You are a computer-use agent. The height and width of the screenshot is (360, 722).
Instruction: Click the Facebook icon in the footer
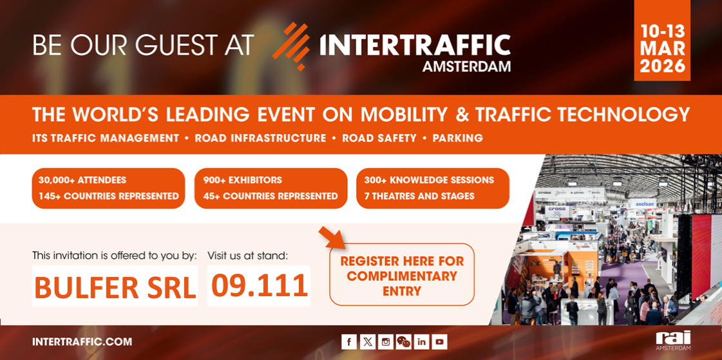coord(349,341)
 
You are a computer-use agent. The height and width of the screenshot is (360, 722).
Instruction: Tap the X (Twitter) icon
coord(368,341)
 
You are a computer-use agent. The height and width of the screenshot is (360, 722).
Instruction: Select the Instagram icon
coord(385,341)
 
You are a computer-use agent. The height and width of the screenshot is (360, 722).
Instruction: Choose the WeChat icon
coord(403,341)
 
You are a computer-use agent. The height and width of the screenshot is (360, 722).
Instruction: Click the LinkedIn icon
coord(422,341)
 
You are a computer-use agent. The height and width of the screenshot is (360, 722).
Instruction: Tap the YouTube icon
coord(440,341)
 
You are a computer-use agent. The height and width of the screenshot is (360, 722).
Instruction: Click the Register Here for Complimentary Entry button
coord(401,274)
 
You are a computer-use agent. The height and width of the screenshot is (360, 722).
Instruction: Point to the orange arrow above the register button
coord(332,236)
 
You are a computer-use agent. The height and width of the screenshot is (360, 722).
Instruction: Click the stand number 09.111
coord(259,286)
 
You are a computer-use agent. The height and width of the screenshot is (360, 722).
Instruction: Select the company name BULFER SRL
coord(115,286)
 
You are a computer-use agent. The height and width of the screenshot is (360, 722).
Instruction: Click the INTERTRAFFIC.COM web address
coord(82,342)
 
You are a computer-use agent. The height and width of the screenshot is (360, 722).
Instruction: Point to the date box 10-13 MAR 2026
coord(662,41)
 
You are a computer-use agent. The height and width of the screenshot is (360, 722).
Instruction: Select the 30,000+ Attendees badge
coord(108,188)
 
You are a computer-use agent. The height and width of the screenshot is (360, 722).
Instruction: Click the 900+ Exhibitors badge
coord(271,188)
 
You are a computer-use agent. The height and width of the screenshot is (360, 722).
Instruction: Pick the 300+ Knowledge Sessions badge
coord(433,188)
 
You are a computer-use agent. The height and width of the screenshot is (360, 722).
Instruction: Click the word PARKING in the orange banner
coord(458,138)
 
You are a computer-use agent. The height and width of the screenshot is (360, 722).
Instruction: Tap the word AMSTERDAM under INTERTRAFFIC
coord(466,66)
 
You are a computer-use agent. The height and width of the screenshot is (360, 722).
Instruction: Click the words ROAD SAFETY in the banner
coord(379,138)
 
